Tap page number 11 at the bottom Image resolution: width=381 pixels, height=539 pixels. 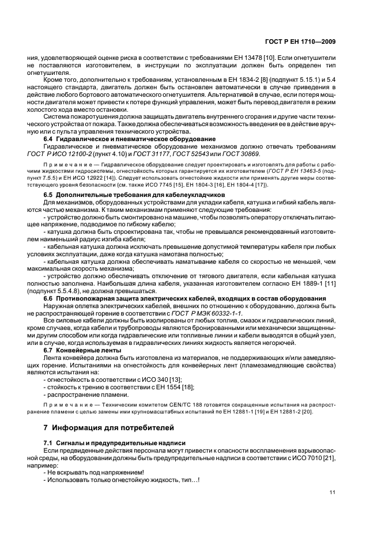click(332, 492)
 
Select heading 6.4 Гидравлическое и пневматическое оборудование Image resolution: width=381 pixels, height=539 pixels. click(122, 139)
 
